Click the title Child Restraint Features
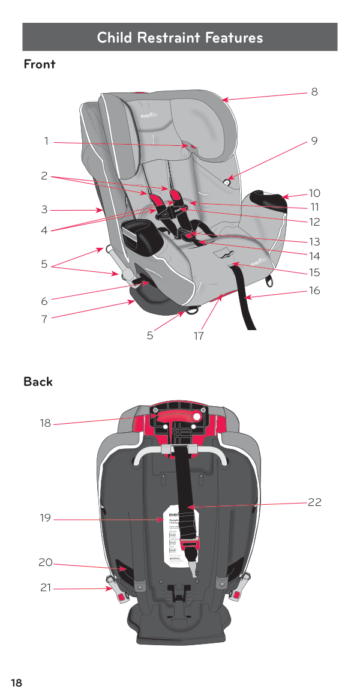[180, 38]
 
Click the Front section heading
[40, 64]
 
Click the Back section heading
[38, 382]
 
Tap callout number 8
[314, 92]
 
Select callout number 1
[46, 142]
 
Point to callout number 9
[314, 142]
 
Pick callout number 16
[314, 291]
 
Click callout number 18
[46, 424]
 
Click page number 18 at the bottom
[16, 683]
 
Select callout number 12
[314, 222]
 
